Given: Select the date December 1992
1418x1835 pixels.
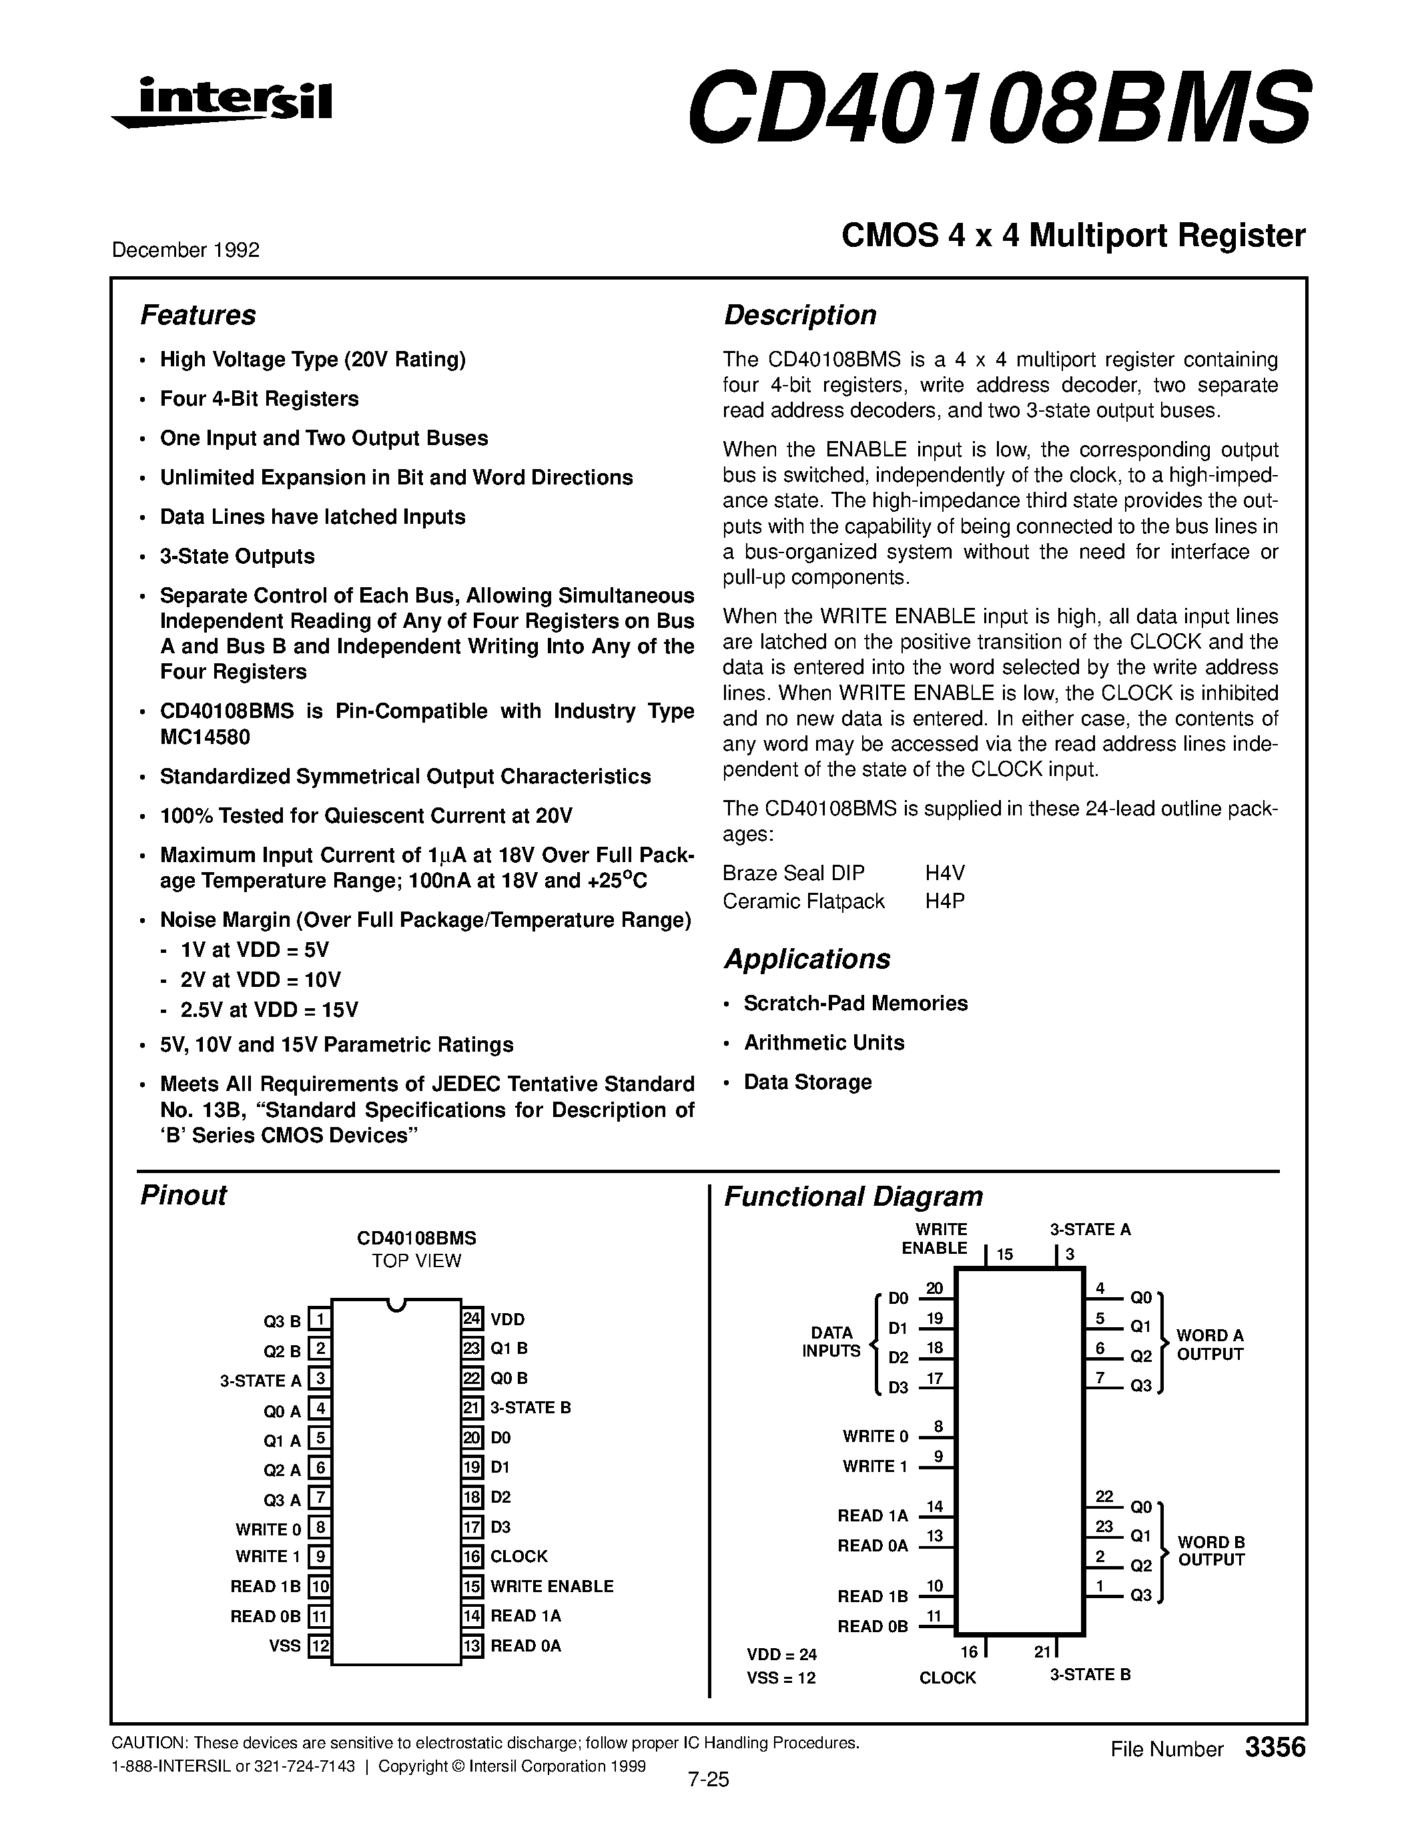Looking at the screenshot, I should pos(186,250).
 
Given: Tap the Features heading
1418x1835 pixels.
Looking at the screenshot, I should pos(198,315).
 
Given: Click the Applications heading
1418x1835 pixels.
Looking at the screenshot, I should pos(807,959).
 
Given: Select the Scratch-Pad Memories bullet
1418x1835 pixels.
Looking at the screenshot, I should pos(855,1003).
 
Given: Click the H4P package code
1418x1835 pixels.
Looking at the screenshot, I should pos(945,901).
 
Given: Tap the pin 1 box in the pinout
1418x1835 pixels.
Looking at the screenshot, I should pos(319,1320).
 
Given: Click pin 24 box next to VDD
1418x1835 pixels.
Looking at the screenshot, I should pos(472,1319).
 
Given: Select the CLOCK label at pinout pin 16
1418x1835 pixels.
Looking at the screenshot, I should pos(518,1556).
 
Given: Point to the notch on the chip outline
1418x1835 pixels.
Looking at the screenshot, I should pos(396,1305).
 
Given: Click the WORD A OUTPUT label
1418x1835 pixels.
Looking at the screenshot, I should pos(1210,1345).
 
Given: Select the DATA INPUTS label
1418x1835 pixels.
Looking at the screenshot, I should pos(831,1342).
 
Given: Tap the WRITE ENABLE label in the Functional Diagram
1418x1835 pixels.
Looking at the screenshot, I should pos(934,1238).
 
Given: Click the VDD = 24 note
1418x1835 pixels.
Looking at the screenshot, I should pos(781,1654).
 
